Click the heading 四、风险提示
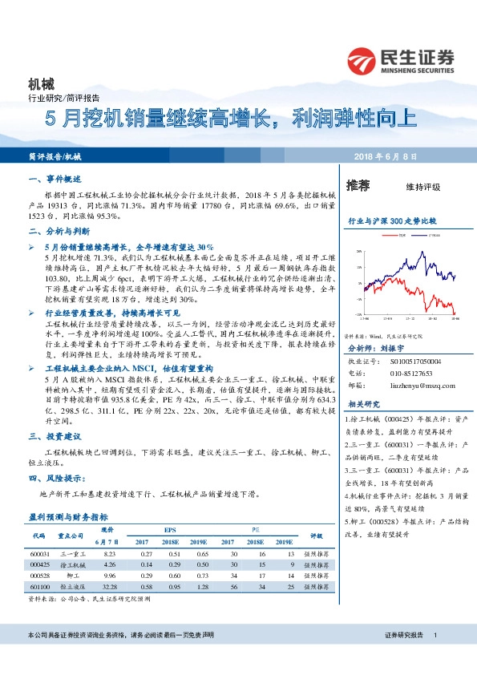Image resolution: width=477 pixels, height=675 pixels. [58, 478]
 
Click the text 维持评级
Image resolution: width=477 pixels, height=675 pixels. [423, 187]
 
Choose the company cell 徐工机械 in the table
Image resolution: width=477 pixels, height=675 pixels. [73, 564]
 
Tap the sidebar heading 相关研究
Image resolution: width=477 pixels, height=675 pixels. [366, 404]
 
